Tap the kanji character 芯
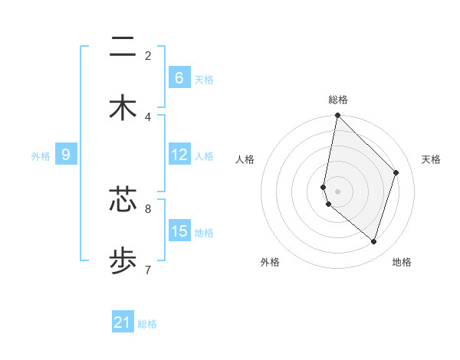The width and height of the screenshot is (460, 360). coord(123,200)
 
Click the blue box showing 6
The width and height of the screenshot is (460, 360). coord(179,78)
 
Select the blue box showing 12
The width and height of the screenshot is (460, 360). coord(179,155)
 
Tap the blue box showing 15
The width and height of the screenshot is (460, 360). coord(179,231)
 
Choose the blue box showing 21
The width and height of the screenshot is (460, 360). coord(123,322)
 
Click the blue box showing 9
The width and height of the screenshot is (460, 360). coord(67,155)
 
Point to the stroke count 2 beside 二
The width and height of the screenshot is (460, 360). coord(148,55)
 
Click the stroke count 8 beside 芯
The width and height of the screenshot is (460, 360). coord(148,208)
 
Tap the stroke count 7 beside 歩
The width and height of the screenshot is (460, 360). coord(148,269)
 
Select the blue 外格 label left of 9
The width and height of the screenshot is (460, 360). coord(41,156)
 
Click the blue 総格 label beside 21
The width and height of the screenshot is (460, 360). coord(147,324)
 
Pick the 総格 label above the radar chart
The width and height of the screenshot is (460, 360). coord(338,100)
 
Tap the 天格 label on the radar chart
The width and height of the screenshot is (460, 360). coord(431,159)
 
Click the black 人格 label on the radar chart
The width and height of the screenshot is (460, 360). coord(245,159)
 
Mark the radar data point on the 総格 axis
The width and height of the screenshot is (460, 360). coord(338,116)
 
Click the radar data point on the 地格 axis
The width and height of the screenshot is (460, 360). coord(374,241)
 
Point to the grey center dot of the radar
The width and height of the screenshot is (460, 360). coord(338,191)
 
